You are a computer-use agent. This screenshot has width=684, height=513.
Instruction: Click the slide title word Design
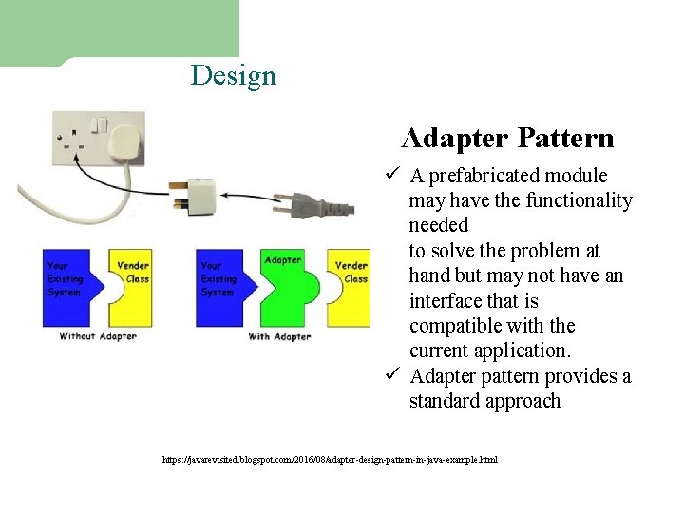[233, 75]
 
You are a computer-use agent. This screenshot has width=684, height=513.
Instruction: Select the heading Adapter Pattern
[507, 139]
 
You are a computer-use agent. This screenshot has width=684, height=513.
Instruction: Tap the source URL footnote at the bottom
[329, 460]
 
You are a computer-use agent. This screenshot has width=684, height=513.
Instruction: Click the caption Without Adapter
[98, 335]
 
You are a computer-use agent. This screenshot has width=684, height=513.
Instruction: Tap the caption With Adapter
[279, 335]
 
